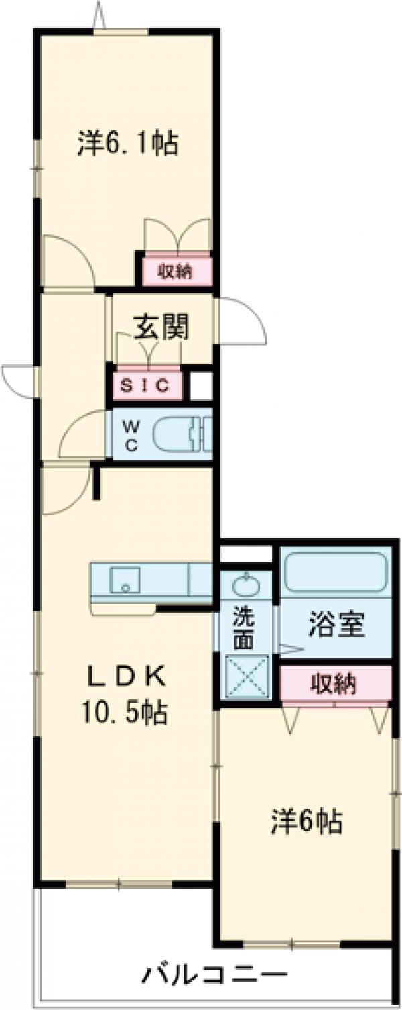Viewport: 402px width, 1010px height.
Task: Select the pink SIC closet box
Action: coord(147,385)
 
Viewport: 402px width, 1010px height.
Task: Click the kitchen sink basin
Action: coord(125,579)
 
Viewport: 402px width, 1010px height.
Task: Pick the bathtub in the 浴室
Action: coord(336,572)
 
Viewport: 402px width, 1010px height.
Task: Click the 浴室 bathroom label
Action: coord(336,626)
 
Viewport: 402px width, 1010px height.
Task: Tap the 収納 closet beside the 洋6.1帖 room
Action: coord(176,271)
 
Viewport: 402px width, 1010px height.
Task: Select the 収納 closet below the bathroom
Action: coord(334,684)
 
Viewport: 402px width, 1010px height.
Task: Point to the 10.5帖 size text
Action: coord(127,712)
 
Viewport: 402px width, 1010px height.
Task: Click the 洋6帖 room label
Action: coord(307,821)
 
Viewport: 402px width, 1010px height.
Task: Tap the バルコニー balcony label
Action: coord(214,974)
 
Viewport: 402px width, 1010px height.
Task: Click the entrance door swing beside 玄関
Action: coord(240,321)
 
